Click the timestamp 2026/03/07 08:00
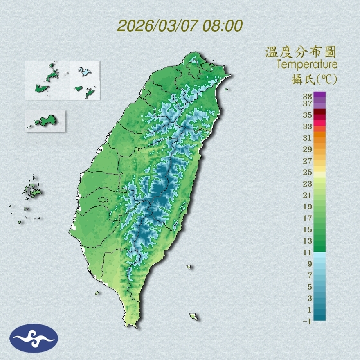click(x=180, y=26)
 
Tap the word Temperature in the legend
click(x=307, y=64)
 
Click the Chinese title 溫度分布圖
click(x=301, y=52)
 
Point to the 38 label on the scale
click(x=308, y=97)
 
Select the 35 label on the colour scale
click(x=308, y=115)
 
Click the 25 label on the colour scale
click(x=308, y=172)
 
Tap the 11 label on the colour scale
click(x=308, y=252)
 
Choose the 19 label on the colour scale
click(x=308, y=207)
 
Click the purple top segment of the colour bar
click(x=319, y=94)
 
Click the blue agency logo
click(x=34, y=338)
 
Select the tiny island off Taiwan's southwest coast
click(x=97, y=292)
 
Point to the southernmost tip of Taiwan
click(x=132, y=326)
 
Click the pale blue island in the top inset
click(x=84, y=72)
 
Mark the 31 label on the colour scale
click(x=308, y=137)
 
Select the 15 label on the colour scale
click(x=308, y=229)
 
